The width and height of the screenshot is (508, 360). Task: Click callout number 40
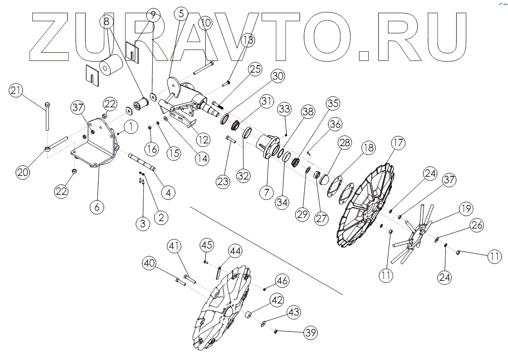[149, 263]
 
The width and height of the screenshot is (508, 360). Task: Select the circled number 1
[131, 126]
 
